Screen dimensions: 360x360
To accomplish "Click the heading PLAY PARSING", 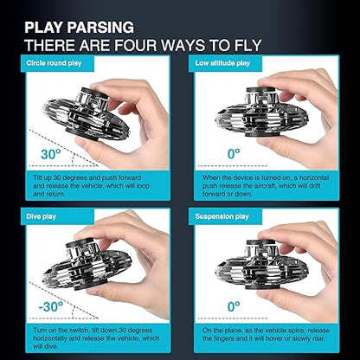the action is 79,28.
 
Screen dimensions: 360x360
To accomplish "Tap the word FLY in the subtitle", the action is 246,45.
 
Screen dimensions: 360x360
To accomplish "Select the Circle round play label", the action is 54,63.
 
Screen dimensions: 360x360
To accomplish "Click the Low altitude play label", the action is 222,63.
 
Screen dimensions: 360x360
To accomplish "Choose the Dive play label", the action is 41,216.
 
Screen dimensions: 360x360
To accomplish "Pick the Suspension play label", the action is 222,216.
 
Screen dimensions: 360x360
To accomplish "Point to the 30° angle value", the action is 51,154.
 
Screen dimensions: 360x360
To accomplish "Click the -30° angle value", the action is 50,306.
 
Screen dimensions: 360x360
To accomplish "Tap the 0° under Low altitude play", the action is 234,154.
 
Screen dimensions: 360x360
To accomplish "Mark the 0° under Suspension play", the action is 234,306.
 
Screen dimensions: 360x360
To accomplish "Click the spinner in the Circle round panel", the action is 86,115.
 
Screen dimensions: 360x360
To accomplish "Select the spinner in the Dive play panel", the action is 87,264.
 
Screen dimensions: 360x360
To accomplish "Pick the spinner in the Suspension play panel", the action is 262,265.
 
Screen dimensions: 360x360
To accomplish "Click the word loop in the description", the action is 143,186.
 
